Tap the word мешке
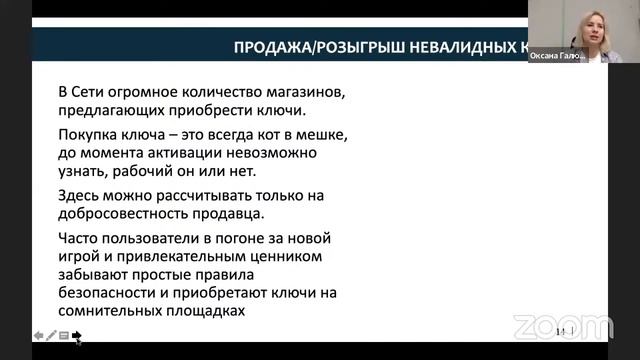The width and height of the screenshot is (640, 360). pyautogui.click(x=326, y=134)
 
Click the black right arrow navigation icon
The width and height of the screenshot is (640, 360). pyautogui.click(x=77, y=336)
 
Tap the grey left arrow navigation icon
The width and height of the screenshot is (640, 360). pyautogui.click(x=38, y=336)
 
